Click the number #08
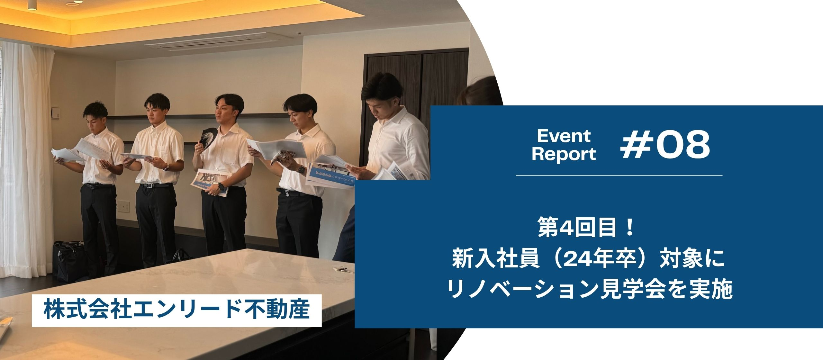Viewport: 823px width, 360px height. point(666,146)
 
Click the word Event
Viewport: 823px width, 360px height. point(564,136)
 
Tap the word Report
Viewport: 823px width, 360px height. point(564,154)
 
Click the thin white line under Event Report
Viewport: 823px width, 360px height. point(619,175)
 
